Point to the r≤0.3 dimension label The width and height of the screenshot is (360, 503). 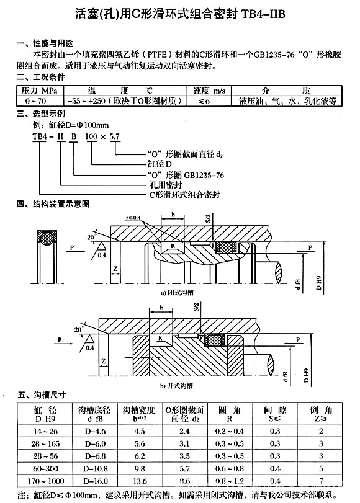[x=132, y=218]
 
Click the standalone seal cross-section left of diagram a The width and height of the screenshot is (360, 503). [x=46, y=240]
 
